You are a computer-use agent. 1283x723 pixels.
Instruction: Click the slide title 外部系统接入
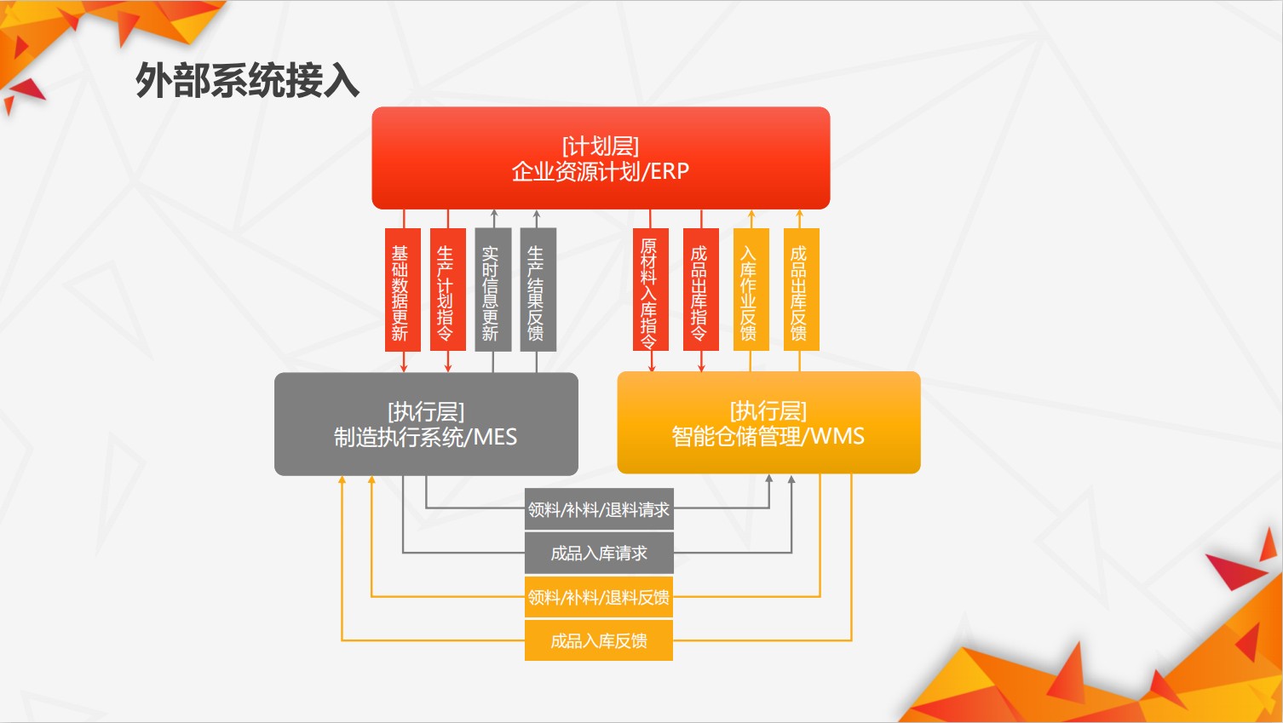click(247, 81)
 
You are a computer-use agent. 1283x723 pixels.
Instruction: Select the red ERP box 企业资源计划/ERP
click(601, 158)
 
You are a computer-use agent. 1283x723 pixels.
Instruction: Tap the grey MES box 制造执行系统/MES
click(426, 424)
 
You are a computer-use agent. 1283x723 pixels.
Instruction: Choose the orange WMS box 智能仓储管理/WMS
click(768, 422)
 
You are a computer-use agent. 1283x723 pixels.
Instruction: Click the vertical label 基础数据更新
click(403, 290)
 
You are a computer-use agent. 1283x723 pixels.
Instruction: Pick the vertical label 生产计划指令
click(448, 290)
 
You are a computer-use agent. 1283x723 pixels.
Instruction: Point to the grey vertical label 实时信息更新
click(493, 290)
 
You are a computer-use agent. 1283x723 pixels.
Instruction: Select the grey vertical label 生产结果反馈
click(538, 290)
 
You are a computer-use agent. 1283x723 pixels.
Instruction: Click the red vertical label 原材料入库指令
click(651, 290)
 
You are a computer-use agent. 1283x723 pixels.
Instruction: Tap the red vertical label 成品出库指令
click(701, 290)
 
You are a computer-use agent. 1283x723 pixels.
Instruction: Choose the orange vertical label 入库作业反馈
click(751, 290)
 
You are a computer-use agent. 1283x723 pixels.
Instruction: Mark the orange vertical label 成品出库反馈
click(802, 290)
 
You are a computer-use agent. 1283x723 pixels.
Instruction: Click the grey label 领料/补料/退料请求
click(599, 509)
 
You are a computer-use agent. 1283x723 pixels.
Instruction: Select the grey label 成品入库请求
click(599, 553)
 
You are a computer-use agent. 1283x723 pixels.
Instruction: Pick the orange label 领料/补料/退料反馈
click(599, 597)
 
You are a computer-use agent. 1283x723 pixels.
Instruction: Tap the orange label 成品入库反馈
click(599, 640)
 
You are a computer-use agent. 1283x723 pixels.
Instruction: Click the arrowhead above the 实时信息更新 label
click(494, 214)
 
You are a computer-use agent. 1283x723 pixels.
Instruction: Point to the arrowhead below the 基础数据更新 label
click(404, 368)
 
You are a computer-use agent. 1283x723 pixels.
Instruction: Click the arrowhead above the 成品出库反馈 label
click(800, 214)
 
